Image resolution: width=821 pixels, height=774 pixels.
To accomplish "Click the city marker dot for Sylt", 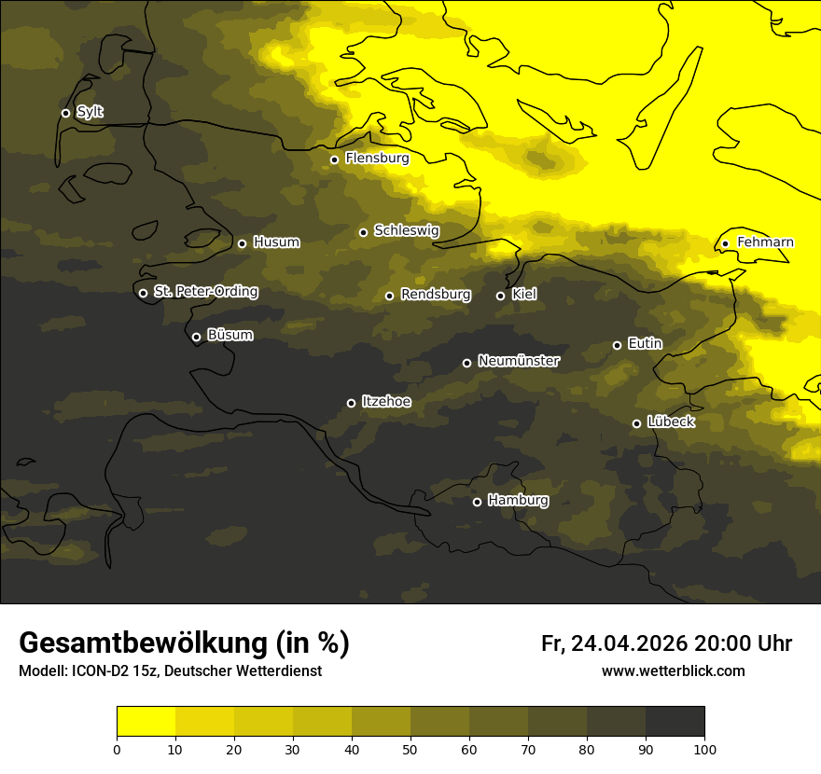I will (x=65, y=113).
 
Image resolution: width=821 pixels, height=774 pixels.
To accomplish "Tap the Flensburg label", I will (x=377, y=159).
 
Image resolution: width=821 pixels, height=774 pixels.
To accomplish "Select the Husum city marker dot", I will (x=242, y=243).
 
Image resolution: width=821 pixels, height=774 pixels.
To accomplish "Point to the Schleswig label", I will (x=406, y=230).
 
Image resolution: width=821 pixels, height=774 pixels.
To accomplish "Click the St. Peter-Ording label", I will (x=205, y=292).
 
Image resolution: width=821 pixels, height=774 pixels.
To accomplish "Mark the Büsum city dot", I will (x=196, y=338).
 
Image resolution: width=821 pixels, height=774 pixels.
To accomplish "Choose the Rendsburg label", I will (x=436, y=295).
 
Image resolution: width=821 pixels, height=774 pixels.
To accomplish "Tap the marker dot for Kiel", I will (x=500, y=296).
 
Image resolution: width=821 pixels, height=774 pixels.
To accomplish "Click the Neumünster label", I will (x=519, y=361).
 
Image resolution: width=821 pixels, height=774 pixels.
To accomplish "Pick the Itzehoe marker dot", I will (x=351, y=403).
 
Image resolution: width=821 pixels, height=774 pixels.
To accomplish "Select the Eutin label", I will (x=645, y=344).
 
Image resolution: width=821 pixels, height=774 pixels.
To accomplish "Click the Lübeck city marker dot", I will (x=636, y=423).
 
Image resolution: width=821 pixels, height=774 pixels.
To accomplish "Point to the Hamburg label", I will (x=518, y=501).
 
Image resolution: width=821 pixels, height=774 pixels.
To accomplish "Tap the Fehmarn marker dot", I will (x=725, y=244).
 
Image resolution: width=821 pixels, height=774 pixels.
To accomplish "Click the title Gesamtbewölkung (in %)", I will (x=184, y=643).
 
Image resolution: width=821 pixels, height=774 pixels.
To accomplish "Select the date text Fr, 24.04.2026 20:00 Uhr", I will (x=666, y=643).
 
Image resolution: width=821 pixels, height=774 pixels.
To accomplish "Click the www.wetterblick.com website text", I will (x=673, y=671).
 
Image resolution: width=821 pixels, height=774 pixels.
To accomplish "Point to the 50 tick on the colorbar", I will (x=410, y=749).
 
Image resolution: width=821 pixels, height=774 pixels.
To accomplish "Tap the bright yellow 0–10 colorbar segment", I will (x=146, y=721).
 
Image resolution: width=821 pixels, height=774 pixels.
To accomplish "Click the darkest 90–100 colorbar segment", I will (x=675, y=721).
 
